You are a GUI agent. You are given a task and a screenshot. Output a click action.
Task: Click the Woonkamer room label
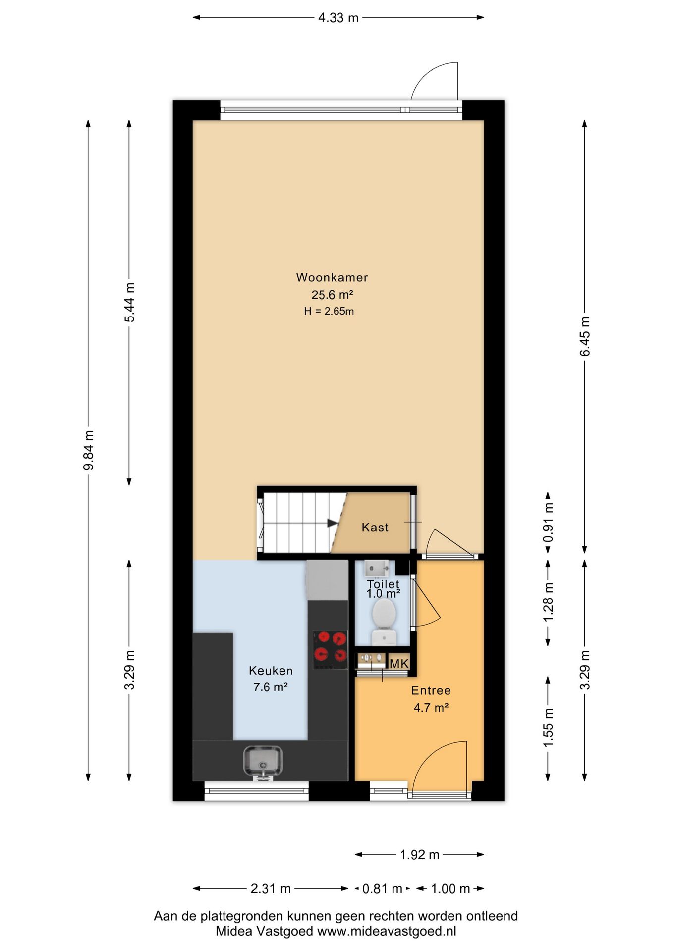pyautogui.click(x=332, y=277)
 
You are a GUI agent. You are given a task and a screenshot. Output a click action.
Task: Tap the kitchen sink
pyautogui.click(x=263, y=763)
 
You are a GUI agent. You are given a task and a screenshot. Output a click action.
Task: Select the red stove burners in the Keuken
pyautogui.click(x=330, y=647)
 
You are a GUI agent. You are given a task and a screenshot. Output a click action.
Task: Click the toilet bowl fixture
pyautogui.click(x=384, y=621)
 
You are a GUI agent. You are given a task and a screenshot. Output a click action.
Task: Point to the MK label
pyautogui.click(x=399, y=664)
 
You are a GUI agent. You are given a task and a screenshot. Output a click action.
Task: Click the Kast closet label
pyautogui.click(x=375, y=528)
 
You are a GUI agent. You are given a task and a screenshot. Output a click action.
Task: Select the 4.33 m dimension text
pyautogui.click(x=338, y=18)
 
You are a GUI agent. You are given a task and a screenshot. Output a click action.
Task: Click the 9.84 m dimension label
pyautogui.click(x=89, y=451)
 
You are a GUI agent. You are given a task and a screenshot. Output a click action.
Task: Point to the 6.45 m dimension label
pyautogui.click(x=585, y=336)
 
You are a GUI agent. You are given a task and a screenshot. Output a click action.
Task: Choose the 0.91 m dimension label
pyautogui.click(x=548, y=523)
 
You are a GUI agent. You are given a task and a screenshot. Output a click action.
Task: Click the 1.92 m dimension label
pyautogui.click(x=420, y=855)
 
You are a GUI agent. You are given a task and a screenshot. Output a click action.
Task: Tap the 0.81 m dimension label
pyautogui.click(x=382, y=889)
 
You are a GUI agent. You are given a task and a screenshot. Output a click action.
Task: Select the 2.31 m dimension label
pyautogui.click(x=271, y=889)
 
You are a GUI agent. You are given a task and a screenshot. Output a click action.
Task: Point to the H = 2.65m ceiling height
pyautogui.click(x=329, y=312)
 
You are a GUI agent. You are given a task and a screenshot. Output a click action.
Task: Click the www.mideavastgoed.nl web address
pyautogui.click(x=387, y=931)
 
